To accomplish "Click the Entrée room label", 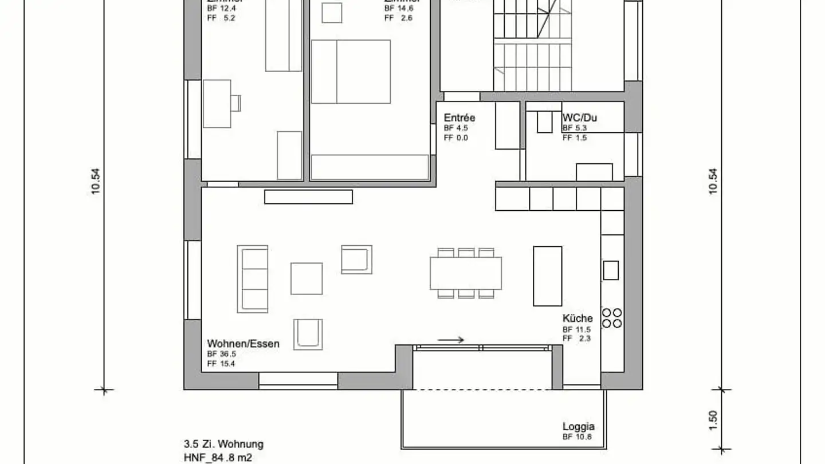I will pos(459,118).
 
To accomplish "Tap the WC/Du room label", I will pos(579,117).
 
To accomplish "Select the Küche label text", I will pos(577,318).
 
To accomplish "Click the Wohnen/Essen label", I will pos(243,344).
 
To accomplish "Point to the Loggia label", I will pos(578,426).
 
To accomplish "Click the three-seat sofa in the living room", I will pos(253,279).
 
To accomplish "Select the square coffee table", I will pos(307,278).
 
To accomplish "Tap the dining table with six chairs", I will pos(466,273).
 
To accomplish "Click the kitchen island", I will pos(548,276).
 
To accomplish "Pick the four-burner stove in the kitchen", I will pos(612,318).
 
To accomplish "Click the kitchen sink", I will pos(611,270).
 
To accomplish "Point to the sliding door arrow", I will pos(451,340).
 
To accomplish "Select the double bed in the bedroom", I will pos(351,72).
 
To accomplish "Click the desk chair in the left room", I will pos(235,103).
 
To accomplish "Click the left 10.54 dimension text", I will pos(95,182).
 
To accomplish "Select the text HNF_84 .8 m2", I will pos(218,457).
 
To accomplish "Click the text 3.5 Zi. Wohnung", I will pos(223,444).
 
